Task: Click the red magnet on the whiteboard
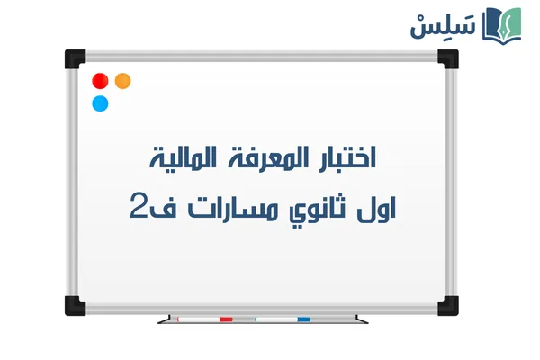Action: coord(100,82)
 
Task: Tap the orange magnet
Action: coord(123,81)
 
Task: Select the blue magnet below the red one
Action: coord(100,103)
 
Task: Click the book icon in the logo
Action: coord(502,24)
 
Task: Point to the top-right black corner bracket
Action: coord(447,59)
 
